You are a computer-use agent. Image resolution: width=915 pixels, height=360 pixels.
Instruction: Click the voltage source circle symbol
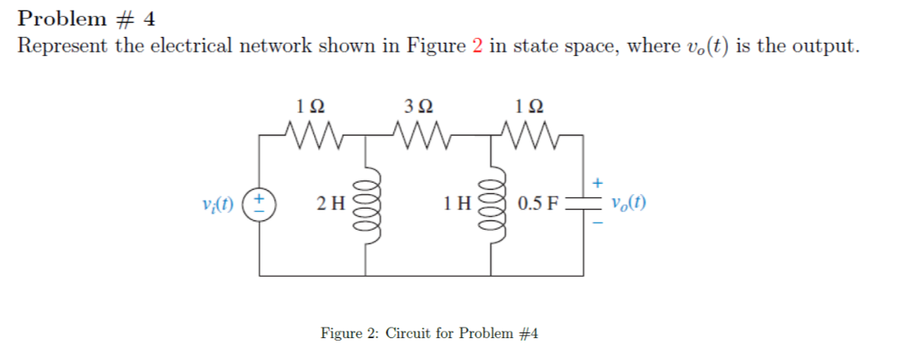tap(261, 202)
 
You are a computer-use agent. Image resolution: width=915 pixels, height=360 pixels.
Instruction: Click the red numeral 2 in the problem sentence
tap(477, 46)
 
